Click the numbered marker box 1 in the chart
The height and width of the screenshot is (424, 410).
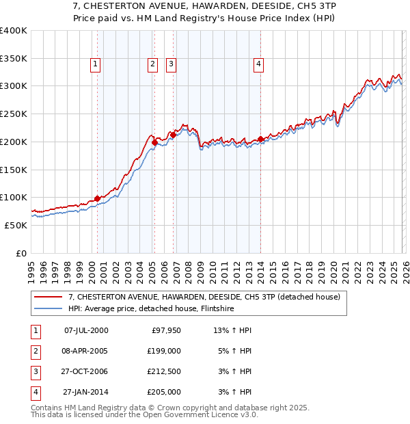(95, 64)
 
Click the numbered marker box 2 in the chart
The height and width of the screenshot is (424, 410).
(152, 64)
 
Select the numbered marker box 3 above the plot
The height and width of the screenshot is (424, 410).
(171, 64)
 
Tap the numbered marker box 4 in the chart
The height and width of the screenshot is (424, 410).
(259, 64)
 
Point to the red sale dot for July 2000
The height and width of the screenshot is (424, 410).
(97, 198)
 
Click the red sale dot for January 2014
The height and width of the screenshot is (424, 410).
(261, 140)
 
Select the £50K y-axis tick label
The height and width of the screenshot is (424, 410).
(16, 225)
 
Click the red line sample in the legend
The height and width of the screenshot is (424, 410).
(49, 297)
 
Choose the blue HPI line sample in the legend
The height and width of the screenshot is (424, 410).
(49, 308)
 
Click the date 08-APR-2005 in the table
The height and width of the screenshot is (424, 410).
(85, 351)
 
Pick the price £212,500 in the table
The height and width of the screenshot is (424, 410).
(164, 371)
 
